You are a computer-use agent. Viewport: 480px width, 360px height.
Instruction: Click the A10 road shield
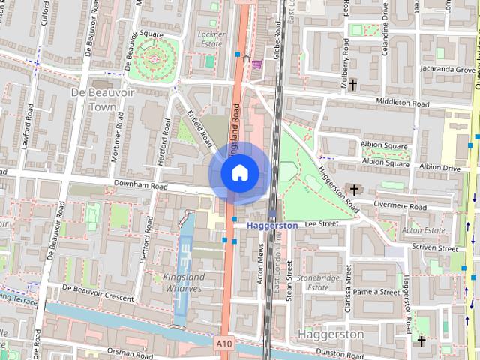click(x=223, y=343)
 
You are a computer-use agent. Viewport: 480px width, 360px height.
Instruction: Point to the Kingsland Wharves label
click(x=183, y=282)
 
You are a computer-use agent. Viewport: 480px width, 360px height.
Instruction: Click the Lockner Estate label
click(x=211, y=39)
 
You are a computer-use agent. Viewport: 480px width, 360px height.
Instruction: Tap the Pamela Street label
click(x=376, y=292)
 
